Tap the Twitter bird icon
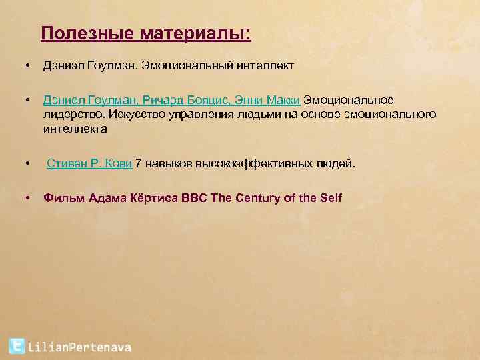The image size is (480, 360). pyautogui.click(x=17, y=346)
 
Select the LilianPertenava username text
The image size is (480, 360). pyautogui.click(x=79, y=347)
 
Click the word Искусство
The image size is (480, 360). pyautogui.click(x=133, y=114)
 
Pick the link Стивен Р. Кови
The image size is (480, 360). pyautogui.click(x=89, y=163)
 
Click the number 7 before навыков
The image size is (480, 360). pyautogui.click(x=138, y=163)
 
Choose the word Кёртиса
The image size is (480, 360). pyautogui.click(x=150, y=197)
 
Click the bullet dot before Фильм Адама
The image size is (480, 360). pyautogui.click(x=26, y=197)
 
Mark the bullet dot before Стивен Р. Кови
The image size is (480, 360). pyautogui.click(x=26, y=163)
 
